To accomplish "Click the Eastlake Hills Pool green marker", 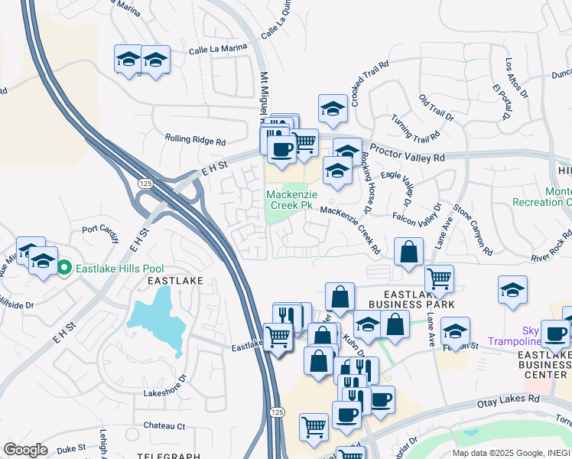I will coord(65,268).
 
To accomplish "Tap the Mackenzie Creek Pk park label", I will coord(290,200).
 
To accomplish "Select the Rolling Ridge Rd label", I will coord(195,141).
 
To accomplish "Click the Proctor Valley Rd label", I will coord(407,153).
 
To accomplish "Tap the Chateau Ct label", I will coord(165,425).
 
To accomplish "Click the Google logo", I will coord(25,449).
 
